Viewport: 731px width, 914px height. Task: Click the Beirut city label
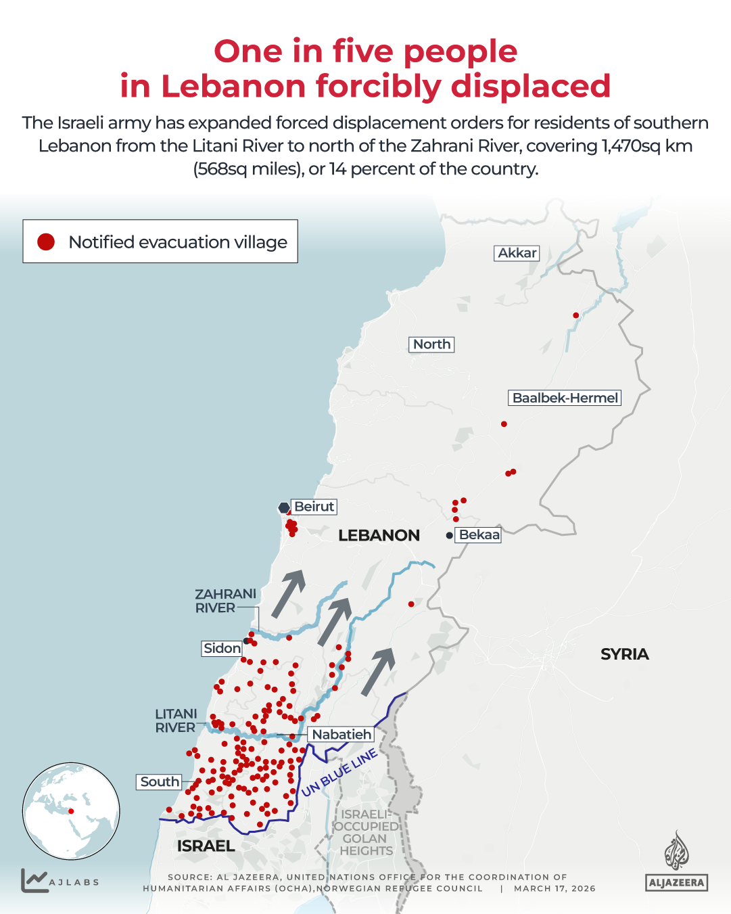coord(314,507)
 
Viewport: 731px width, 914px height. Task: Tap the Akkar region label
coord(517,253)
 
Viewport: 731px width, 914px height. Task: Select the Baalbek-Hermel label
coord(565,398)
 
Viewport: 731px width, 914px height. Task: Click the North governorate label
coord(431,344)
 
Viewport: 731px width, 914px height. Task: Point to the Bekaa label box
coord(479,535)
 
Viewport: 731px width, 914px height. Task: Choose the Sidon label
coord(222,648)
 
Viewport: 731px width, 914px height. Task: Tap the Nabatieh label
coord(341,734)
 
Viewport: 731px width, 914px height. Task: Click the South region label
coord(160,782)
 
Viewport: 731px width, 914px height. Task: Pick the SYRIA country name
coord(624,654)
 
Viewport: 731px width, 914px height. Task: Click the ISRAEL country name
coord(206,846)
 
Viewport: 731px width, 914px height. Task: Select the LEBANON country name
coord(379,536)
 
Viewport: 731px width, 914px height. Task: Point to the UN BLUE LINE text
coord(339,773)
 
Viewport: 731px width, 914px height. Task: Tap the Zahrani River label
coord(225,601)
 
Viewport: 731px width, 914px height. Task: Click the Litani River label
coord(176,721)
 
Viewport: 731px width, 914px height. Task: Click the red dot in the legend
coord(46,242)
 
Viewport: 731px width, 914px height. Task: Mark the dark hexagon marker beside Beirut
coord(284,507)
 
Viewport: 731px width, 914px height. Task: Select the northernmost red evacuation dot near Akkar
coord(575,315)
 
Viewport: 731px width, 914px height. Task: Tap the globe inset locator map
coord(71,811)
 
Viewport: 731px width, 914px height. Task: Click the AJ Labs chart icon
coord(34,880)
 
